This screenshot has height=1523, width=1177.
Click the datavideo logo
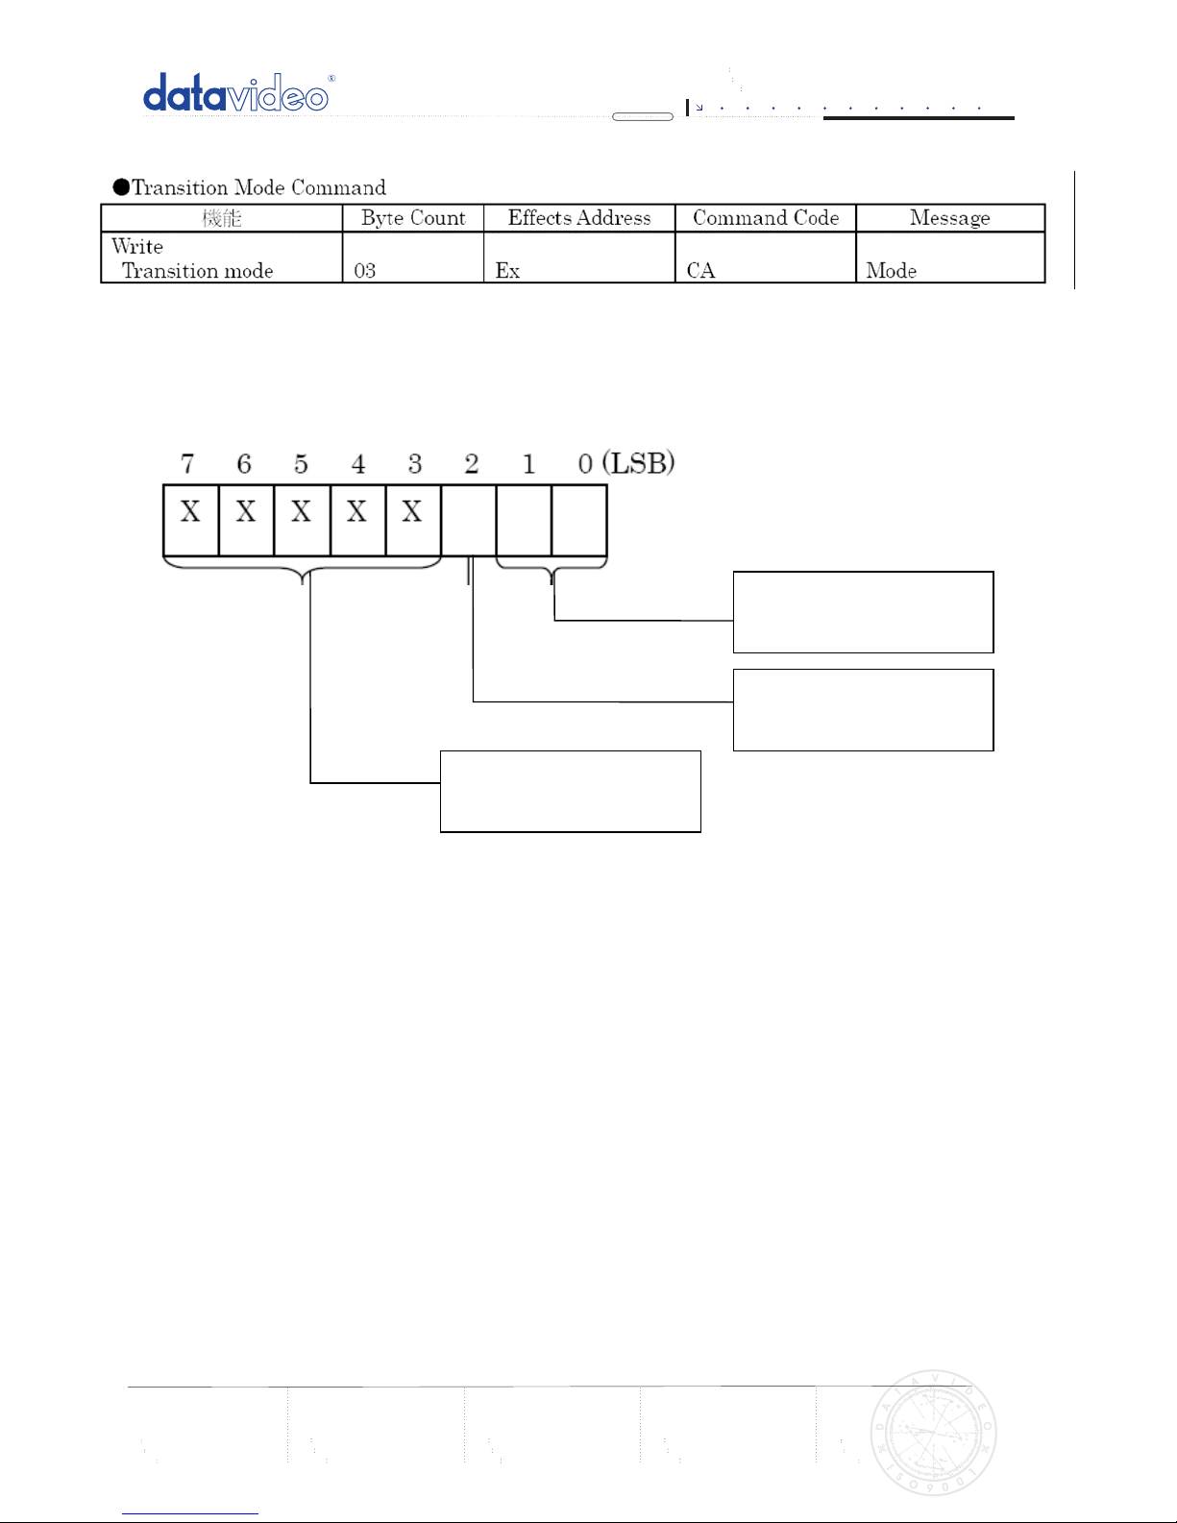(x=236, y=94)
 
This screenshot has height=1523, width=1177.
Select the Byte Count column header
(x=413, y=218)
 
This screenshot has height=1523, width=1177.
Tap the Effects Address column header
(x=579, y=218)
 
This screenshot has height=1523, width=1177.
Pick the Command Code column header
(x=766, y=218)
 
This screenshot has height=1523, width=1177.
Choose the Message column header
(x=949, y=218)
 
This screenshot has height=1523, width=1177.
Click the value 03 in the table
(x=365, y=271)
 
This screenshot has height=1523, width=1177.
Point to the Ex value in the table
(x=507, y=271)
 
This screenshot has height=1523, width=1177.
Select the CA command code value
(x=700, y=271)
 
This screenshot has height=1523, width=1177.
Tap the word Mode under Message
(x=891, y=271)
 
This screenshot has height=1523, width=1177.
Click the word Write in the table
(x=137, y=247)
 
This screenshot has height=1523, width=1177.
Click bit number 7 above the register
(x=187, y=464)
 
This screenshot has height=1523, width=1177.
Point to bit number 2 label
(x=472, y=464)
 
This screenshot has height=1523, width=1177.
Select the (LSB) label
(x=639, y=463)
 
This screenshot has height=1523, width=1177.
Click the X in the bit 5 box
(x=302, y=512)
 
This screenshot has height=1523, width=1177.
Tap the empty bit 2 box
(x=469, y=520)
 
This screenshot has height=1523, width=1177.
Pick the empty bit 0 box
(x=579, y=520)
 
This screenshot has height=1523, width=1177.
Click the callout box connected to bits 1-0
(x=863, y=612)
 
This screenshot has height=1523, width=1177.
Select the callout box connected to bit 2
(x=863, y=710)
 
